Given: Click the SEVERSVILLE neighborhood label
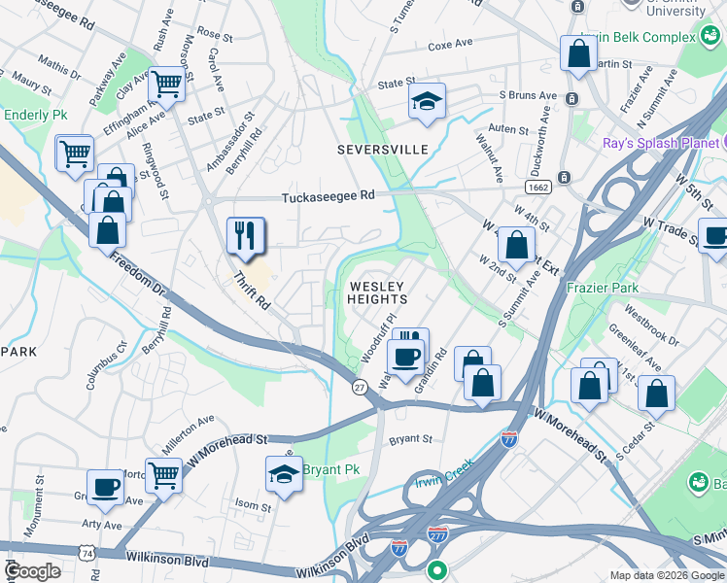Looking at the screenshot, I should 382,150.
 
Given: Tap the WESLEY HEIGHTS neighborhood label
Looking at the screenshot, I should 377,292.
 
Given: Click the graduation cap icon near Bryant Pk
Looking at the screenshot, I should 284,475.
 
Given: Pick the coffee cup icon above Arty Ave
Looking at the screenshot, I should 105,487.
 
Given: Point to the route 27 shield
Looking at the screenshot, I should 359,388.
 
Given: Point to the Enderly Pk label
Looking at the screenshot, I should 35,115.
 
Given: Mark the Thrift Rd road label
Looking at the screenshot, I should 252,291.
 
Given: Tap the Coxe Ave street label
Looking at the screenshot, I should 450,45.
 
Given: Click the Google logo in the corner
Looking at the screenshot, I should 32,570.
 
